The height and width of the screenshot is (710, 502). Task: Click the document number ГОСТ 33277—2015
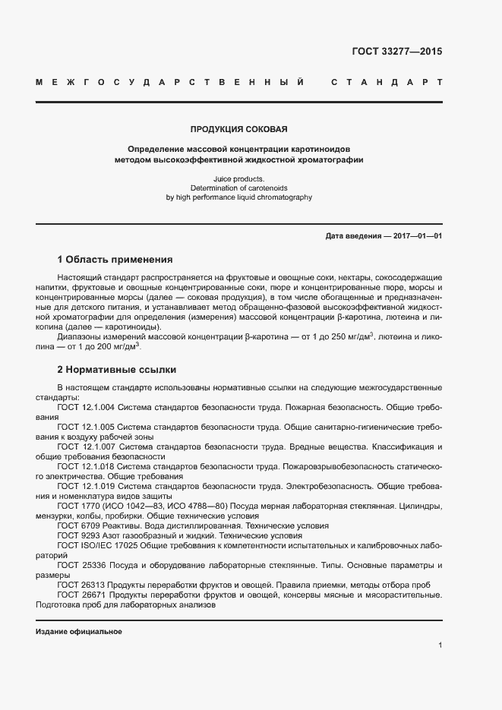coord(396,52)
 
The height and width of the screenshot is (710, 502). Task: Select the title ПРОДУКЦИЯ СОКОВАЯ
coord(238,130)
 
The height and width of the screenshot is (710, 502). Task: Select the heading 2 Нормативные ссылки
coord(117,370)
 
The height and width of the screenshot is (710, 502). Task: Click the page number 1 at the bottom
coord(440,645)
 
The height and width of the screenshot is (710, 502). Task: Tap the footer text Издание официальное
coord(79,632)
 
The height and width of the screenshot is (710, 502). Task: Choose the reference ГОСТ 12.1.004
coord(86,407)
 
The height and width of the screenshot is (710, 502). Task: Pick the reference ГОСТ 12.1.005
coord(86,427)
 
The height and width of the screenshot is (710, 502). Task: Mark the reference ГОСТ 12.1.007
coord(86,447)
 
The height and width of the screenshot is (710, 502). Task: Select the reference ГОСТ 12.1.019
coord(86,486)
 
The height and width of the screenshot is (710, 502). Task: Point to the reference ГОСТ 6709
coord(75,525)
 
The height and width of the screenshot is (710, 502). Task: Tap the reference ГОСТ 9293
coord(75,535)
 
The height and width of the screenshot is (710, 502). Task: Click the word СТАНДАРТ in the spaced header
coord(387,81)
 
